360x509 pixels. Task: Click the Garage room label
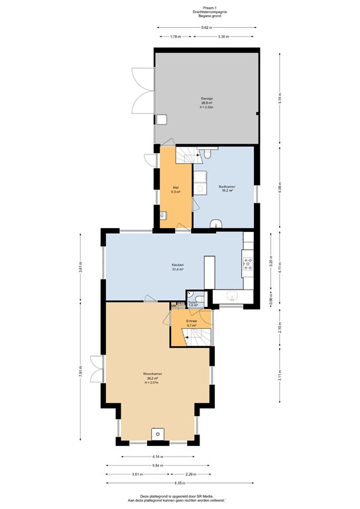pos(207,100)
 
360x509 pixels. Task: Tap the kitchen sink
pos(232,295)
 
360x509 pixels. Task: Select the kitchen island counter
pos(210,272)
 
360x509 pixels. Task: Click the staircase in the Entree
pos(198,339)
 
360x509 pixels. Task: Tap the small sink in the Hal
pos(164,215)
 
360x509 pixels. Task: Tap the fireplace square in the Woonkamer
pos(157,433)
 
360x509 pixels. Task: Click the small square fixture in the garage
pos(162,119)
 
